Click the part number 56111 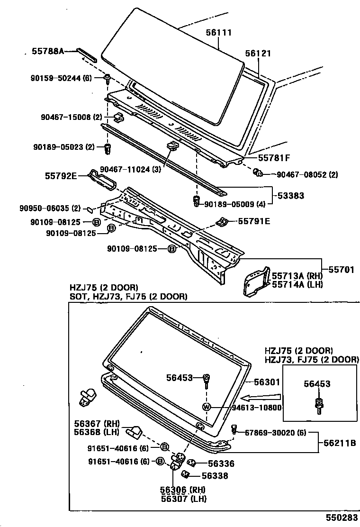[x=218, y=33]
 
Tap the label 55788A [x=48, y=51]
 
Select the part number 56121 [x=258, y=54]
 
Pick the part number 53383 [x=291, y=196]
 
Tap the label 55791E [x=254, y=221]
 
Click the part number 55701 [x=342, y=270]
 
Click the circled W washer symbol [x=207, y=407]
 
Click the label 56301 [x=267, y=382]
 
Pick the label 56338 [x=215, y=476]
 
